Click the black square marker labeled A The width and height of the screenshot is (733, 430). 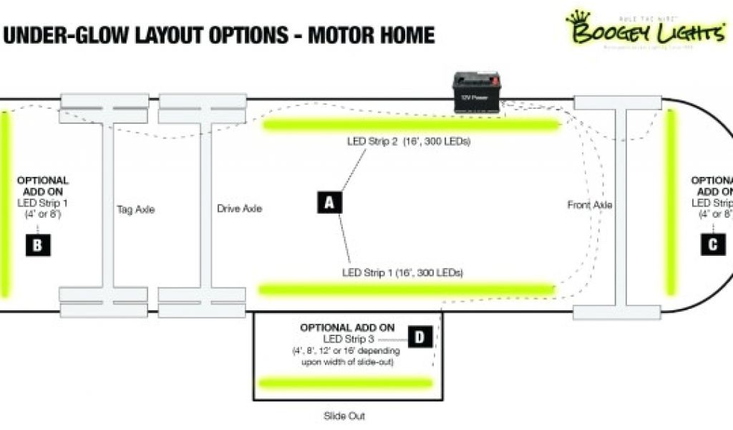(x=329, y=203)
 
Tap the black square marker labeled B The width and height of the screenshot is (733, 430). (x=37, y=245)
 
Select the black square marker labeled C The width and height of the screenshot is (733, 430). (x=712, y=244)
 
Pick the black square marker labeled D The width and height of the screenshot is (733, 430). (x=420, y=337)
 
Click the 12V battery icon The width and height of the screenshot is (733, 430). (x=477, y=93)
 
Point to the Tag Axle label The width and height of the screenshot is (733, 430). (x=135, y=210)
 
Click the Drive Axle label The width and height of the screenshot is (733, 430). (x=239, y=209)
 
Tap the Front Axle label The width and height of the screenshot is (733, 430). (x=590, y=205)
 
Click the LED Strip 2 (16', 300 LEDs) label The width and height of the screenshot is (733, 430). (x=409, y=142)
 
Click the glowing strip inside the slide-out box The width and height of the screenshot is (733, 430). (x=346, y=383)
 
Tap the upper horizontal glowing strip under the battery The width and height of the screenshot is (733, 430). (x=412, y=126)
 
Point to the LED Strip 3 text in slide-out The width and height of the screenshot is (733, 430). (x=349, y=338)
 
